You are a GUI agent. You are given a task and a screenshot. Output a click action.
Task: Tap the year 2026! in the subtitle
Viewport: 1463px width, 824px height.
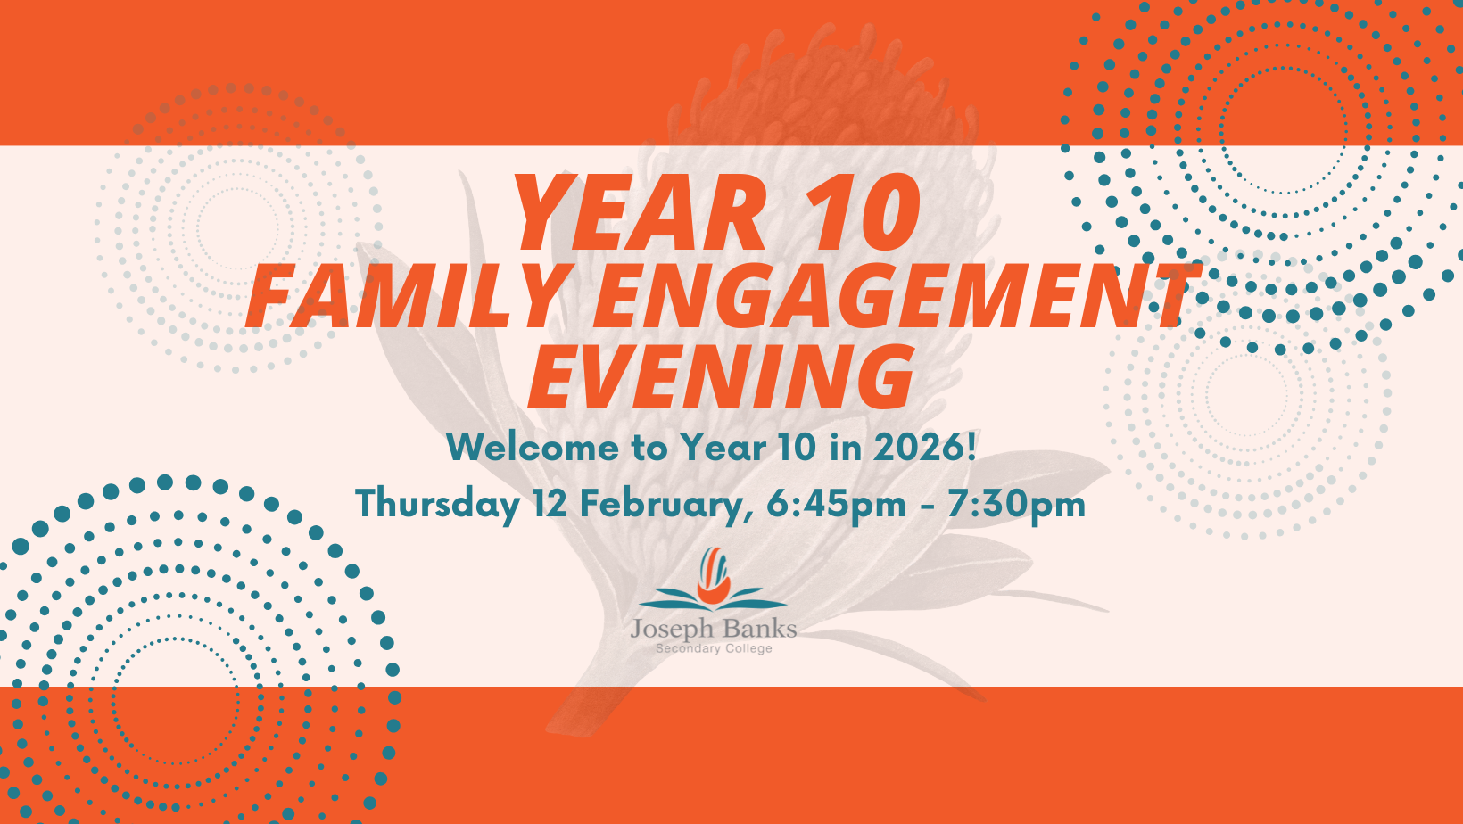(x=925, y=448)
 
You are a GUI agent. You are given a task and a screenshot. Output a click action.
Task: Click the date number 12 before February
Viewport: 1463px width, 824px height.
(x=550, y=504)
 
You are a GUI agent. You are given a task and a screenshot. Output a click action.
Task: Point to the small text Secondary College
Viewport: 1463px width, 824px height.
(x=714, y=648)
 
